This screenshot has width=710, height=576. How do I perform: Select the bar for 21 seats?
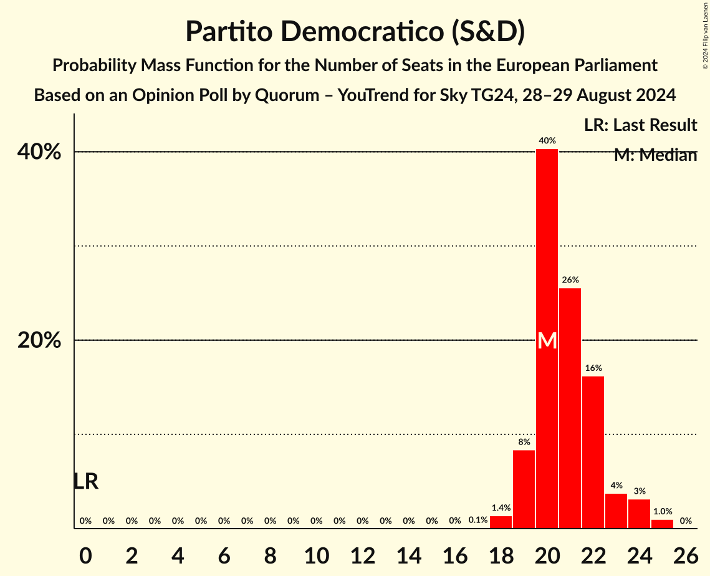570,408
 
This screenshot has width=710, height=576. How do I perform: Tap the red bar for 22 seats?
593,452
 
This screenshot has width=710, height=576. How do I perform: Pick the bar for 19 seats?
524,489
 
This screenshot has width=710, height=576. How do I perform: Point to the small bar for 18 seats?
501,522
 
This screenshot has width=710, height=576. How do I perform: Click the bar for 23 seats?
616,511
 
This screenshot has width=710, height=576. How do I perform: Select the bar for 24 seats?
639,514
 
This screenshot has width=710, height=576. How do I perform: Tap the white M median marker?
547,340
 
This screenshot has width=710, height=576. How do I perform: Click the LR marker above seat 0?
85,481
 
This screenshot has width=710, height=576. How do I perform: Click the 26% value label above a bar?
570,280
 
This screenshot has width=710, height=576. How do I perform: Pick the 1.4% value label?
501,508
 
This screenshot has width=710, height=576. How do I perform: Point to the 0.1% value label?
477,520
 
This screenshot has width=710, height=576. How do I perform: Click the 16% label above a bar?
593,368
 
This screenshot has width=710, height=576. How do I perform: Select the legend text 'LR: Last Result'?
640,125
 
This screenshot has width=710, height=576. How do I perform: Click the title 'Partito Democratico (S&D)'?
355,32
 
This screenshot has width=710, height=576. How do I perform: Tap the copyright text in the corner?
705,35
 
